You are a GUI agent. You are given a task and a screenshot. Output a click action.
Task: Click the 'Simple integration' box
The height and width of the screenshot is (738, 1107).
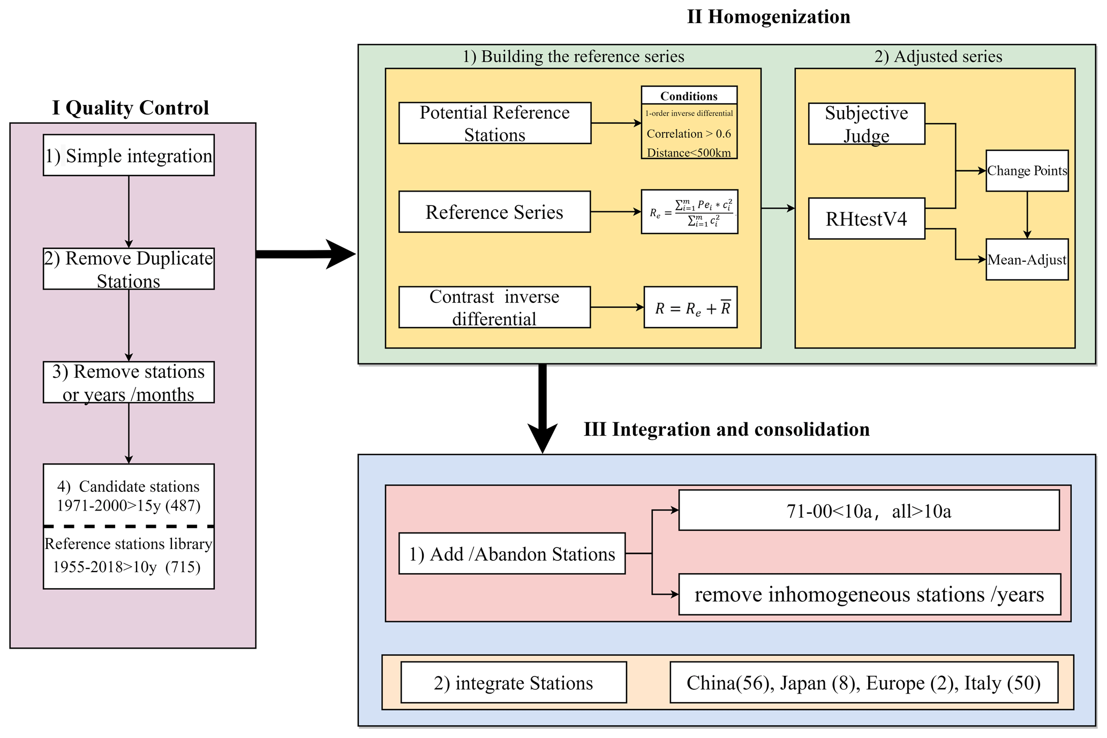[x=129, y=155]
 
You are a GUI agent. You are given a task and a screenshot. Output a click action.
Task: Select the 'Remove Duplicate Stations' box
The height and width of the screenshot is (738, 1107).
[x=129, y=269]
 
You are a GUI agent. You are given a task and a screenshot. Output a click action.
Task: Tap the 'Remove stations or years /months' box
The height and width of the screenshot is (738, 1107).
[x=129, y=382]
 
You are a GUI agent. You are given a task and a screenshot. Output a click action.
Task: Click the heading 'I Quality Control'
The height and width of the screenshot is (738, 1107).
[x=130, y=108]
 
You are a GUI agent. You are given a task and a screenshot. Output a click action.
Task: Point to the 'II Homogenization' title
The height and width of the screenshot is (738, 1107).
[x=768, y=17]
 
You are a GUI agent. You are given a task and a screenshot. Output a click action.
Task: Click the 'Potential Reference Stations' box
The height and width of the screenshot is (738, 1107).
[x=494, y=123]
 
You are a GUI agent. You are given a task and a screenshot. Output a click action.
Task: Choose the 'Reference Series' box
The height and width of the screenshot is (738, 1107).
[x=494, y=212]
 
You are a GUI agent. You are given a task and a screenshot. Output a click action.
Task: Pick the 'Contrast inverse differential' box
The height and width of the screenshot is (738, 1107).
[x=494, y=307]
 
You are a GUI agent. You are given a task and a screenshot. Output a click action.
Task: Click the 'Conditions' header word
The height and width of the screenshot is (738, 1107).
[x=689, y=96]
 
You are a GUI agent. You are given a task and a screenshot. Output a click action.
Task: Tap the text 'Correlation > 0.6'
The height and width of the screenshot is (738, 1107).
[x=689, y=134]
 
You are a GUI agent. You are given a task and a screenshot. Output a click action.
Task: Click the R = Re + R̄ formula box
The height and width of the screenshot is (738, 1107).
[x=690, y=308]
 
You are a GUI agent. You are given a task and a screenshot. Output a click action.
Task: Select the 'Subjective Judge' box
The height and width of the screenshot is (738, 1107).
[x=866, y=124]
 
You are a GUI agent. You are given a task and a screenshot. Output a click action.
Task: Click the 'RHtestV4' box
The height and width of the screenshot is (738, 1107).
[x=866, y=218]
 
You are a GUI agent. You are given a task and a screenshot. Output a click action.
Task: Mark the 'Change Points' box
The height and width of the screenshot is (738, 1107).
[x=1027, y=171]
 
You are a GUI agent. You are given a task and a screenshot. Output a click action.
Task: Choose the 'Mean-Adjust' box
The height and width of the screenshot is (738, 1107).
[x=1027, y=260]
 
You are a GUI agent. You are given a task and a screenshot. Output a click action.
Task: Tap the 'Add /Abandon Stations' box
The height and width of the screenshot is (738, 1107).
[x=512, y=554]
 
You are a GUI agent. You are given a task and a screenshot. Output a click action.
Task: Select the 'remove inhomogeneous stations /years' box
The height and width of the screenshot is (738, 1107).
[x=869, y=595]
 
